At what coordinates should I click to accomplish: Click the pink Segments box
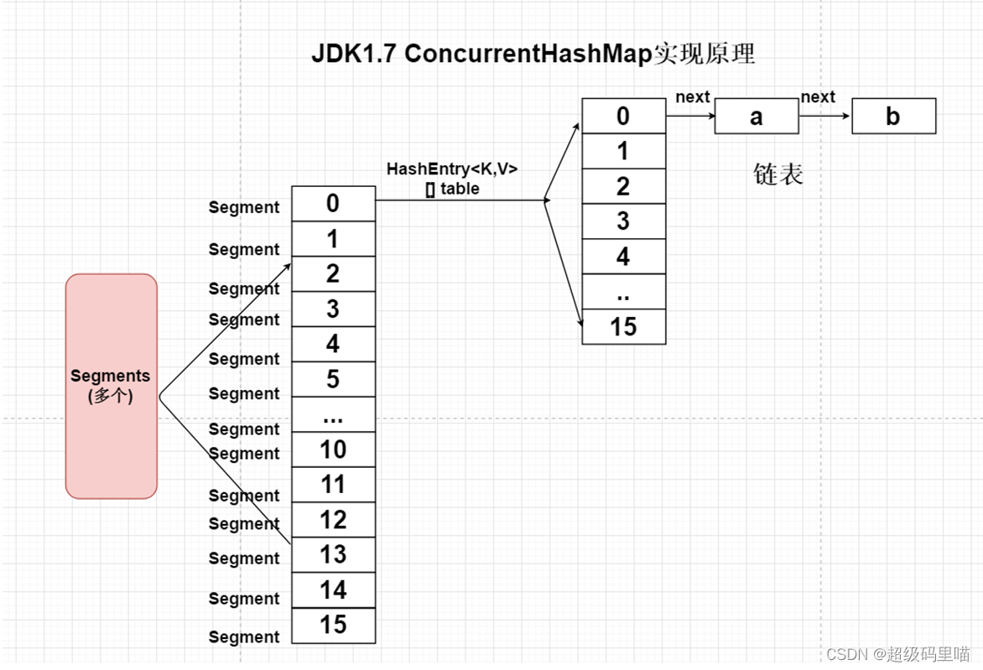112,386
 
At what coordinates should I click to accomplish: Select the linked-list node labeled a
756,117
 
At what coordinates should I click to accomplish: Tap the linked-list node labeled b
893,117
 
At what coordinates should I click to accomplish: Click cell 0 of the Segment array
333,204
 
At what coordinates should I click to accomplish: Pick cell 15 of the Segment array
333,626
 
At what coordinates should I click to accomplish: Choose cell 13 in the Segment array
333,555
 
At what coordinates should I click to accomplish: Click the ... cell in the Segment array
333,415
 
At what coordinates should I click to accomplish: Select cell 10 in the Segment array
333,450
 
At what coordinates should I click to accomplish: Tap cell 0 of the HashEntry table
623,116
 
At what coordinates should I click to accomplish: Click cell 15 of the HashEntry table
623,327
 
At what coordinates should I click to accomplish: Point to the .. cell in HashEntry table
623,292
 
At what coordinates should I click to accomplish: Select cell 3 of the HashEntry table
623,221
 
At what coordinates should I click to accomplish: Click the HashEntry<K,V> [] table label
452,179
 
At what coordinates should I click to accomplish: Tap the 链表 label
778,174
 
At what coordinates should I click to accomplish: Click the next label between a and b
817,97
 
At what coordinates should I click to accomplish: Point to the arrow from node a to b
824,117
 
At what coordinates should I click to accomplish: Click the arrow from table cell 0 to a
689,117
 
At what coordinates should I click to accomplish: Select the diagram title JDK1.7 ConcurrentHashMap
533,54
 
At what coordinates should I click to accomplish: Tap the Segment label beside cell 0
244,207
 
